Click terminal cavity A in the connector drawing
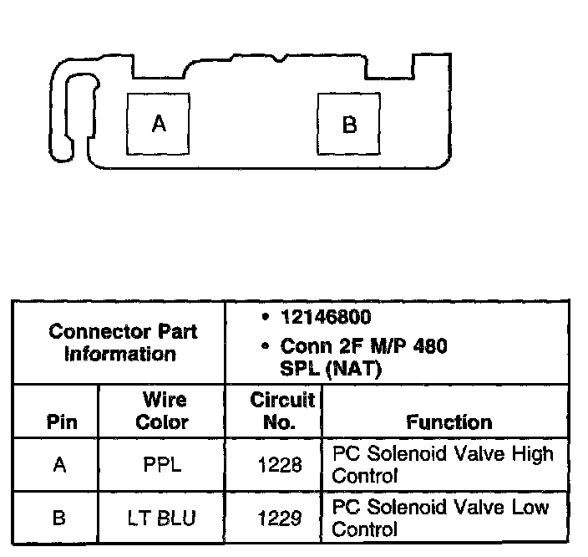pos(158,124)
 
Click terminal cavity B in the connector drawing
pos(350,125)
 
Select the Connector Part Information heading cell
pos(122,342)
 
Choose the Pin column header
pos(60,422)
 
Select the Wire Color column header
pos(162,411)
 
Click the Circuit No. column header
pos(281,411)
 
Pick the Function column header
pos(449,422)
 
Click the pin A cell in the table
pos(59,465)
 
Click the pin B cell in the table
pos(59,519)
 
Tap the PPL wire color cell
pos(162,465)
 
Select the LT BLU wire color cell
pos(162,519)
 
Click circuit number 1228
pos(281,465)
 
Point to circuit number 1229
pos(281,519)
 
